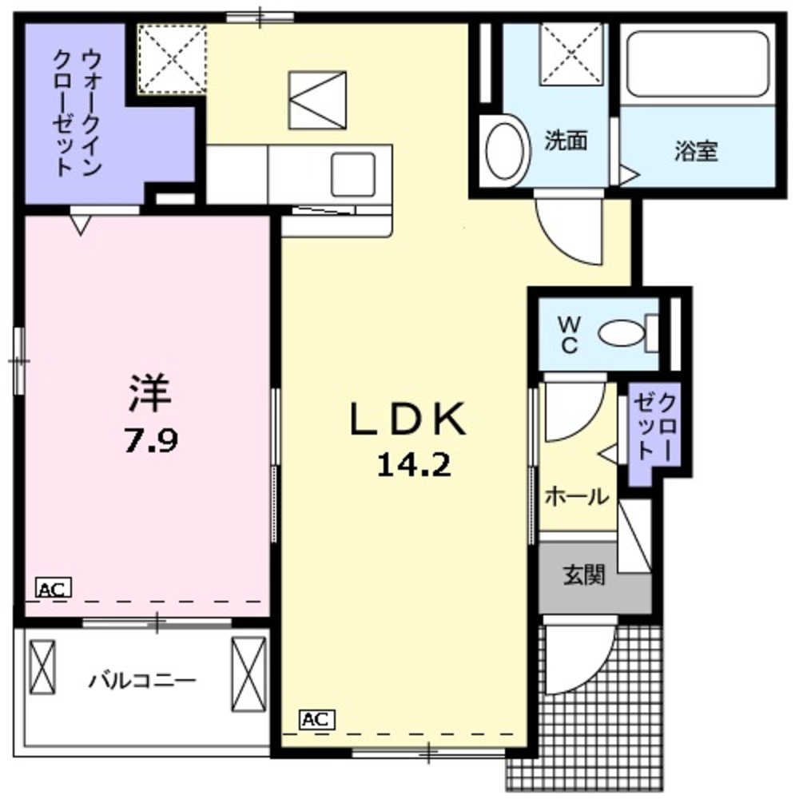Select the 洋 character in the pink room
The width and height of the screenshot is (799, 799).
[149, 394]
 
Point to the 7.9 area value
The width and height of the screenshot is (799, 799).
[149, 439]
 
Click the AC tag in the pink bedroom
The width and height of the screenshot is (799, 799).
[54, 590]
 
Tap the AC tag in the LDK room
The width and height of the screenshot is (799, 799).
[317, 719]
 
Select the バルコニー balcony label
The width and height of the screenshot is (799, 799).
[142, 682]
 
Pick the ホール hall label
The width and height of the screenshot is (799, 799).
[575, 497]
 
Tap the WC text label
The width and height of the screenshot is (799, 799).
[568, 334]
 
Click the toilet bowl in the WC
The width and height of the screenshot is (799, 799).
[621, 333]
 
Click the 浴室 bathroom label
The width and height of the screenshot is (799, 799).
[695, 152]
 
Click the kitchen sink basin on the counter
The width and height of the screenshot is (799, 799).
[352, 170]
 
